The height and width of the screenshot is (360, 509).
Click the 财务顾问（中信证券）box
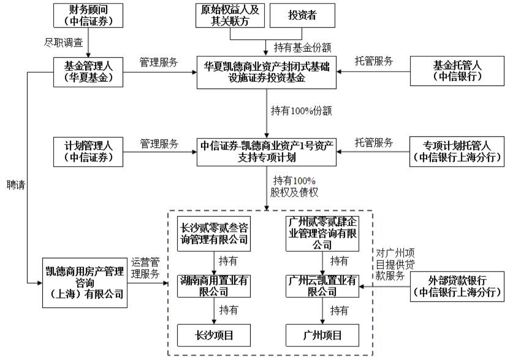88,15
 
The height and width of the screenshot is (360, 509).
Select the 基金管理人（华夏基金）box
88,72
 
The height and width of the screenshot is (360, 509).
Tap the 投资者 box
302,15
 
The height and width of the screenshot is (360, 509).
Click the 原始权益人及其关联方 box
230,15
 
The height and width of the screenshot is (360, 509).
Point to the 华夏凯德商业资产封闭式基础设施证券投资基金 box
266,72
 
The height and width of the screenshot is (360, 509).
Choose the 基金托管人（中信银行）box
457,71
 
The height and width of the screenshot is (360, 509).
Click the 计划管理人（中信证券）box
88,152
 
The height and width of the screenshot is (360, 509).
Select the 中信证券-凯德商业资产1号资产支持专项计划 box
266,152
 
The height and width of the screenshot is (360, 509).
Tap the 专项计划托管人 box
457,152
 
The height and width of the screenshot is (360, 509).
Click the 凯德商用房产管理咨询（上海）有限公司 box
84,283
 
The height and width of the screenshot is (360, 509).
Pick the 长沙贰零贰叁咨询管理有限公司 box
214,234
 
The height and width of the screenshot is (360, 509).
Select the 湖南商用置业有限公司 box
214,286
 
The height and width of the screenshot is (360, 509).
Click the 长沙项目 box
214,335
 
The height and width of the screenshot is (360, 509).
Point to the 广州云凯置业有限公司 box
322,286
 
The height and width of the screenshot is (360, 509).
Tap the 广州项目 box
322,335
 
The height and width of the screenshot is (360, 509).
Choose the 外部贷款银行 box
457,286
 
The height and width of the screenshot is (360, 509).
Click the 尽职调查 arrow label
64,43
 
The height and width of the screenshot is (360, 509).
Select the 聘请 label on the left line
16,185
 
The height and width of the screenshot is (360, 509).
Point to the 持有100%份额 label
301,111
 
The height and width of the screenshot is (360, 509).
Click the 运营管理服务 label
145,268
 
